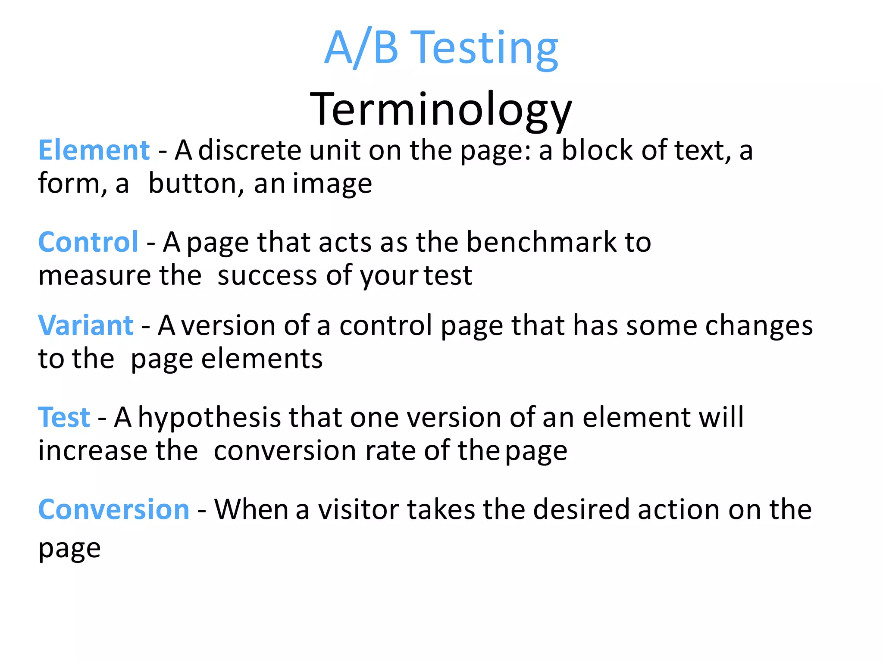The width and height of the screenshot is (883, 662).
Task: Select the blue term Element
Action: (x=94, y=150)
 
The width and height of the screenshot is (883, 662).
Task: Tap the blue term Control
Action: (x=88, y=242)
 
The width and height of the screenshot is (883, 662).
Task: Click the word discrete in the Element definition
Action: (x=250, y=150)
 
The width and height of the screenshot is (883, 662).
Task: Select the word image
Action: (x=332, y=184)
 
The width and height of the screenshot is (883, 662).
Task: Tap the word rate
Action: (x=390, y=451)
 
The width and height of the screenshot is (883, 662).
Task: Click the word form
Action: (x=69, y=184)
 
